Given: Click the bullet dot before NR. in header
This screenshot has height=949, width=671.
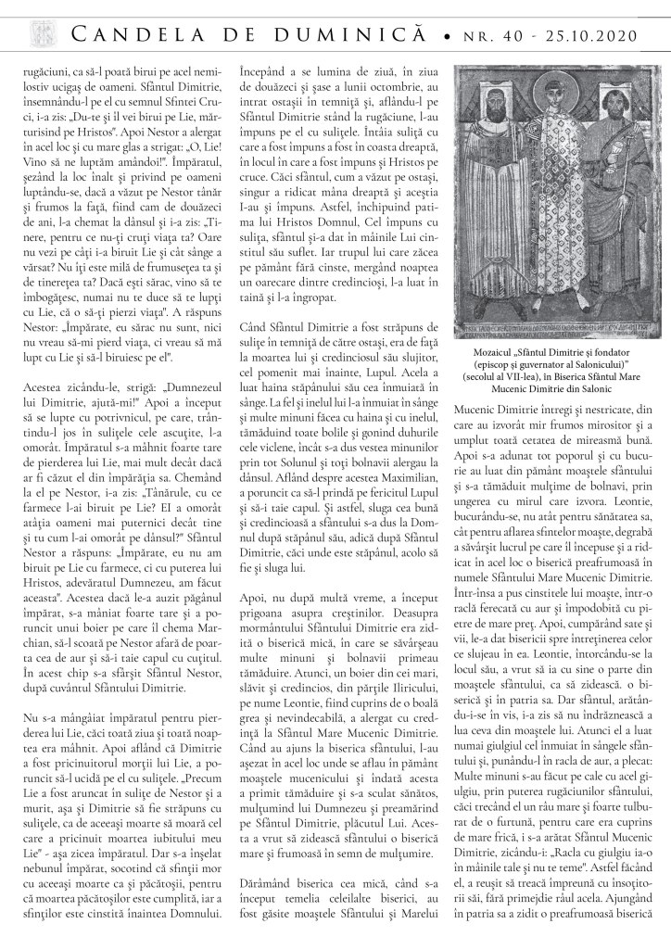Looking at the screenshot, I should pos(448,37).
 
